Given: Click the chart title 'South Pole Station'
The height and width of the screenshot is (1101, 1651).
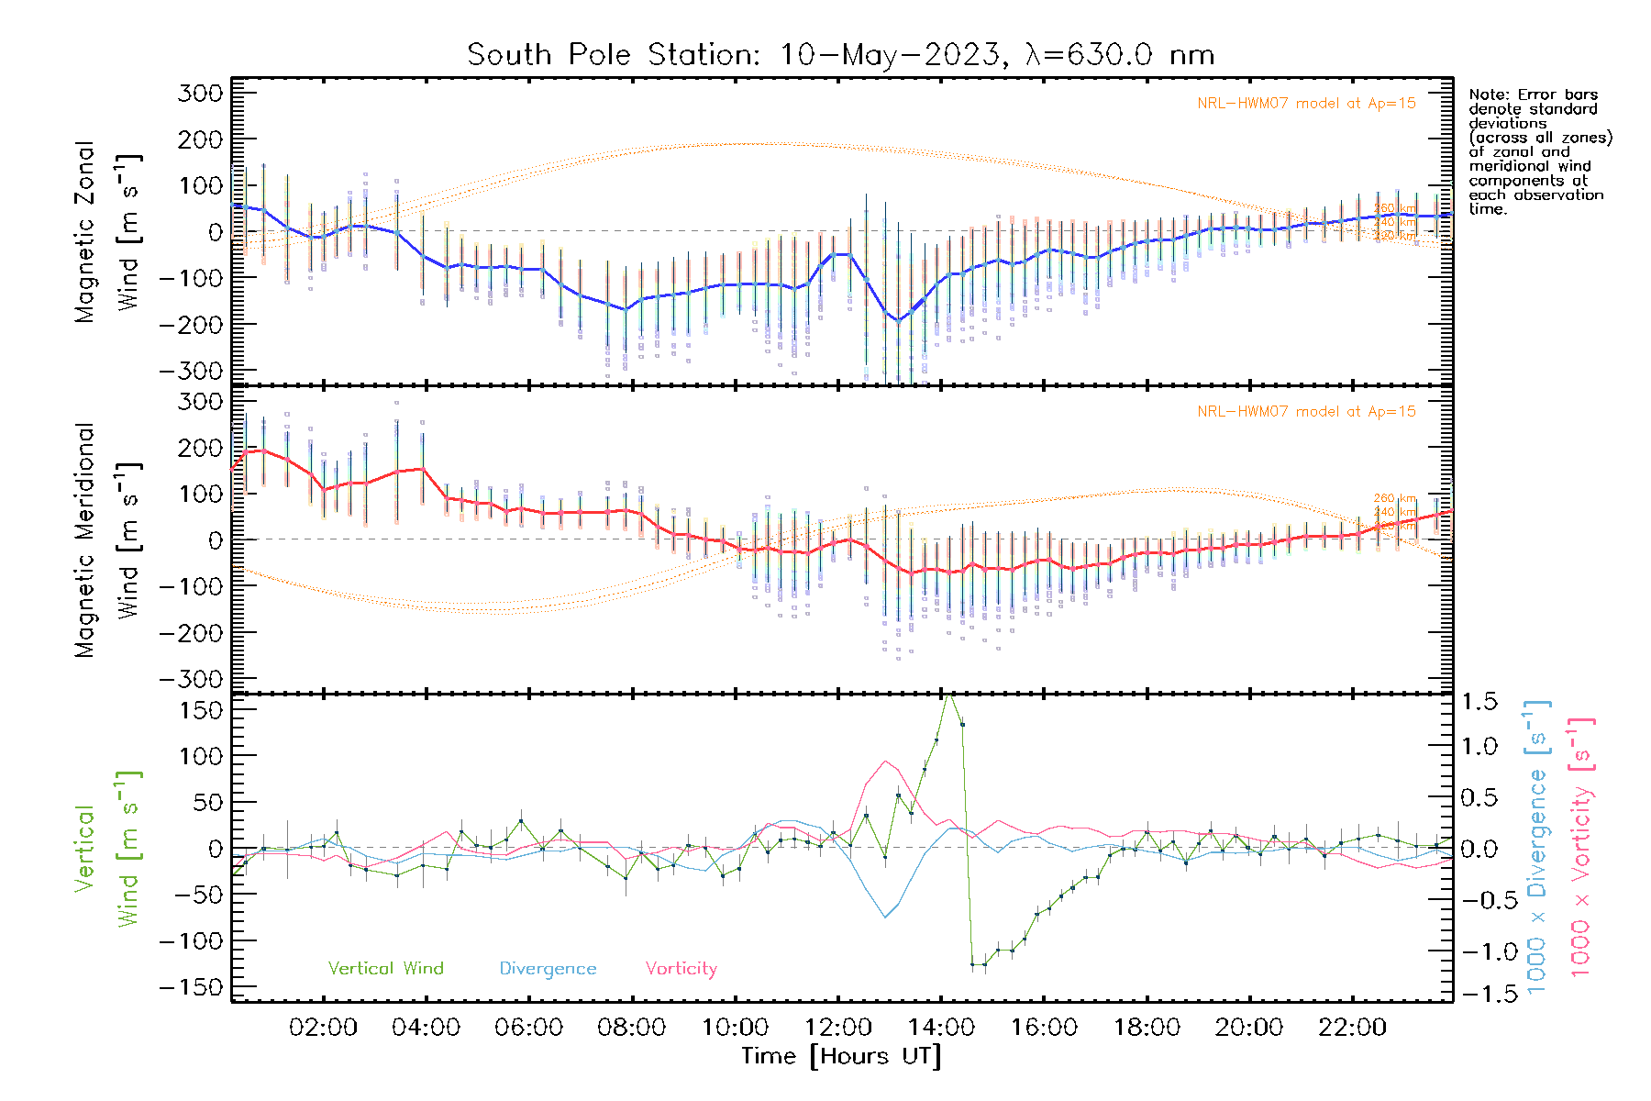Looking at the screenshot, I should pos(613,55).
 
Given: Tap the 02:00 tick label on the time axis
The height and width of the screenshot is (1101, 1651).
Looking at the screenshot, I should pos(323,1027).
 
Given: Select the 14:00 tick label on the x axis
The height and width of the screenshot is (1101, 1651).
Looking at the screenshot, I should pos(941,1027).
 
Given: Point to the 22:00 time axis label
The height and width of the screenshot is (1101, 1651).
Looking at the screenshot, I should pos(1352,1027).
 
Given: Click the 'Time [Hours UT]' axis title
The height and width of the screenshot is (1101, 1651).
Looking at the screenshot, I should pos(841,1056).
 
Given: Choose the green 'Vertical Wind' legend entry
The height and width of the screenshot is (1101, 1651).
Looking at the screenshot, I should pos(385,968).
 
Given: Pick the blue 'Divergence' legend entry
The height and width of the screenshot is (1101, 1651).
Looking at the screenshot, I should pos(548,968).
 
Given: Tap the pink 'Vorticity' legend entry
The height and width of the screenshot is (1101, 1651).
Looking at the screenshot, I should pos(681,968).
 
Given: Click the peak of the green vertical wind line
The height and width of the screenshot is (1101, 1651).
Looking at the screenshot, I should pos(949,695).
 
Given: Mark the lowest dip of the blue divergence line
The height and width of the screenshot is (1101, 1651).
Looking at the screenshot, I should pos(886,917).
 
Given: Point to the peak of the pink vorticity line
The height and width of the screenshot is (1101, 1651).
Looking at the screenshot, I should pos(886,761).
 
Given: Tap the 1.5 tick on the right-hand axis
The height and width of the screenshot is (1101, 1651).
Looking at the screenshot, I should pos(1479,702).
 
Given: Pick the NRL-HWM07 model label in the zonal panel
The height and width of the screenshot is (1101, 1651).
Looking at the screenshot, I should pos(1306,104).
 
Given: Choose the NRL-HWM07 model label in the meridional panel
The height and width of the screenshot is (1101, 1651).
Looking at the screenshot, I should pos(1306,412).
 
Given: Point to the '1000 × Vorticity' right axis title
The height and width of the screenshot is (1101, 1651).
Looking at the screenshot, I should pos(1580,849).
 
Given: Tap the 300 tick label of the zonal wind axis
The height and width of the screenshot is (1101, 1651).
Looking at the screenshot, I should pos(200,93).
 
